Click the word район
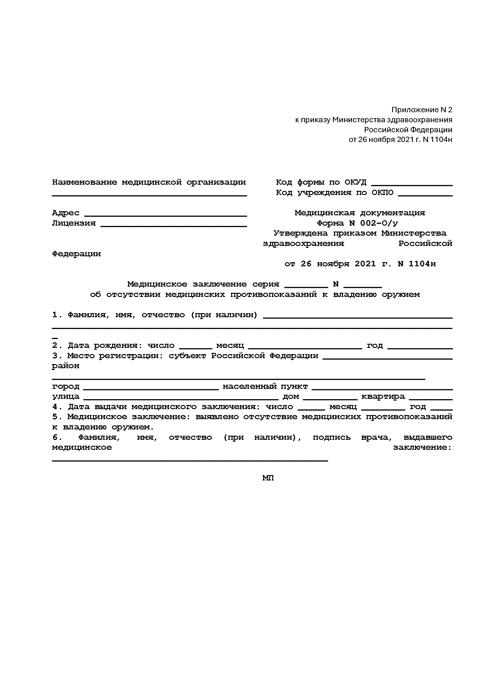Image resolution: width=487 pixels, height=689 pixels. pos(66,366)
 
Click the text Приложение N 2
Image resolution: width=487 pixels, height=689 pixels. pos(422,110)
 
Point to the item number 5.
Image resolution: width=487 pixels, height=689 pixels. pos(55,417)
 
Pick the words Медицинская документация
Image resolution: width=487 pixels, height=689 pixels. pos(360,213)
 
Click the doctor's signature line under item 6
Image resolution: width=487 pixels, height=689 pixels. pos(190,460)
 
